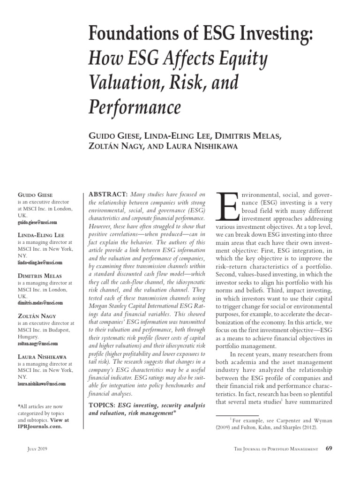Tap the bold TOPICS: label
click(x=102, y=405)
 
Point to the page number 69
click(x=329, y=449)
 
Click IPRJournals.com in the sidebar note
click(x=39, y=427)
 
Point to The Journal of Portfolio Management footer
click(x=276, y=449)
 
